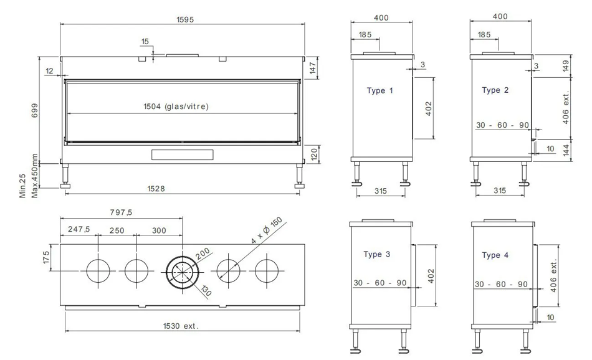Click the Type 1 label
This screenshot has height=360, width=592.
[380, 91]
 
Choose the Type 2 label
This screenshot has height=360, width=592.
[495, 90]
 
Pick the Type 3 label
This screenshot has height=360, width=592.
[377, 254]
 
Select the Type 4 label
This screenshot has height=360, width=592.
[495, 255]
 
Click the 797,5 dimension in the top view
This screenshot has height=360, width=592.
[122, 212]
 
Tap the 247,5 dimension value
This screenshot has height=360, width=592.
[79, 230]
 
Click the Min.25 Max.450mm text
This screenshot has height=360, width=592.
[29, 176]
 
